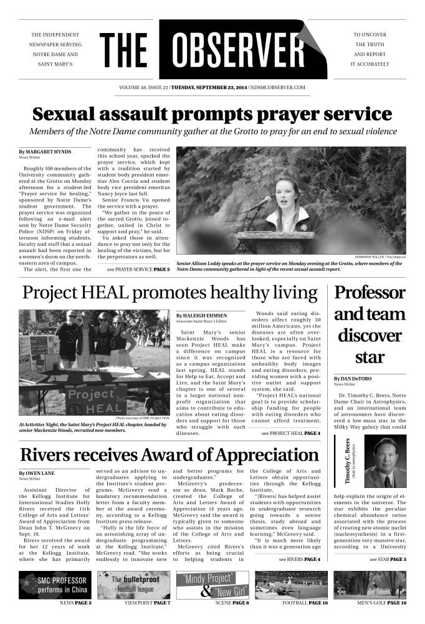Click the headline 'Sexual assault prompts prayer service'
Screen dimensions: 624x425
212,114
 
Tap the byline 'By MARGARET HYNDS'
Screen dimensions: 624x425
45,152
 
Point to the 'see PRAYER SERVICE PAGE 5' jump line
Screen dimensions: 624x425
138,269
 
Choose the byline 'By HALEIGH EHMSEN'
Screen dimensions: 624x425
201,316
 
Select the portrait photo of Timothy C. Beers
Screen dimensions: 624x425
384,461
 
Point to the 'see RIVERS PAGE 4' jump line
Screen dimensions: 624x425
299,559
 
